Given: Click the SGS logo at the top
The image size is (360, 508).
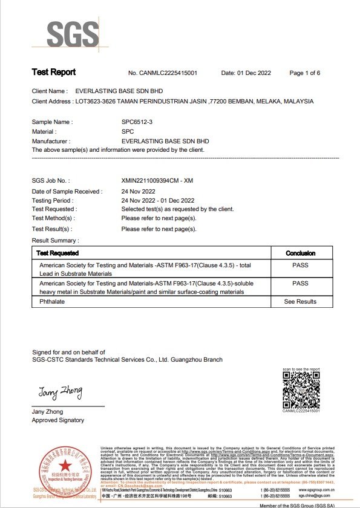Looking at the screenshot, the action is [x=73, y=34].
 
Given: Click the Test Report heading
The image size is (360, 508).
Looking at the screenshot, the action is [x=53, y=73].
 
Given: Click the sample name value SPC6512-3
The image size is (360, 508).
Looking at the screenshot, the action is [x=137, y=122].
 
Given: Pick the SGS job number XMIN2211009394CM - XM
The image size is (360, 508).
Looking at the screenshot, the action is [x=157, y=181].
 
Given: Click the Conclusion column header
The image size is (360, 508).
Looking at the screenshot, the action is [x=300, y=253].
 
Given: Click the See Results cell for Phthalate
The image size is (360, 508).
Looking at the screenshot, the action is [x=300, y=301].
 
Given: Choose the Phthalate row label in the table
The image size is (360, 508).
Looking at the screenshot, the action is [x=51, y=301].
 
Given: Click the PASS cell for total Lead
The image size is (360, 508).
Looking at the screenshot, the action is [x=300, y=265].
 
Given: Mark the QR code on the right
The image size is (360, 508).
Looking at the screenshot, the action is [x=301, y=389].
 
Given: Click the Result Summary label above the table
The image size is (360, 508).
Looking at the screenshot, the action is [x=55, y=241].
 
